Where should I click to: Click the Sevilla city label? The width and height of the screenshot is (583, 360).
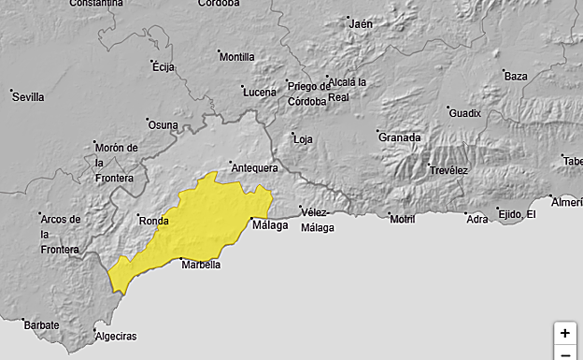point(28,97)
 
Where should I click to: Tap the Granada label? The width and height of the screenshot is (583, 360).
point(399,137)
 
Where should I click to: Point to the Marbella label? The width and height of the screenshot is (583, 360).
point(201,265)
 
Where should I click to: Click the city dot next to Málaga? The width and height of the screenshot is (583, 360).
point(251,220)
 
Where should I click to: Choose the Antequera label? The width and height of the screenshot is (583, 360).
point(254,168)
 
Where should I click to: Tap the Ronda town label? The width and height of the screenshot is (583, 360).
point(152,222)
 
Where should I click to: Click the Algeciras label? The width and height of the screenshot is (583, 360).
point(116,337)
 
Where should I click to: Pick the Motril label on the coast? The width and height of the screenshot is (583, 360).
point(402,219)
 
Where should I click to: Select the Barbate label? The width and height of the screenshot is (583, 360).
point(42,325)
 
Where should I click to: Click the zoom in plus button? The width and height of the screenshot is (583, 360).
point(564,333)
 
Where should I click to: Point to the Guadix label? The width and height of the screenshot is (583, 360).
point(464,113)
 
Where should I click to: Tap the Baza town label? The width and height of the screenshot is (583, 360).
point(516,77)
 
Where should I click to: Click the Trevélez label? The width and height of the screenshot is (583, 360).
point(448,170)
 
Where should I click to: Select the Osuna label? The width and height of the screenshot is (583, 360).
point(163,125)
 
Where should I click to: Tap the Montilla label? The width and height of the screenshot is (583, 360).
point(236,57)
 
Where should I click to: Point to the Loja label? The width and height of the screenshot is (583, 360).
point(303,139)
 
